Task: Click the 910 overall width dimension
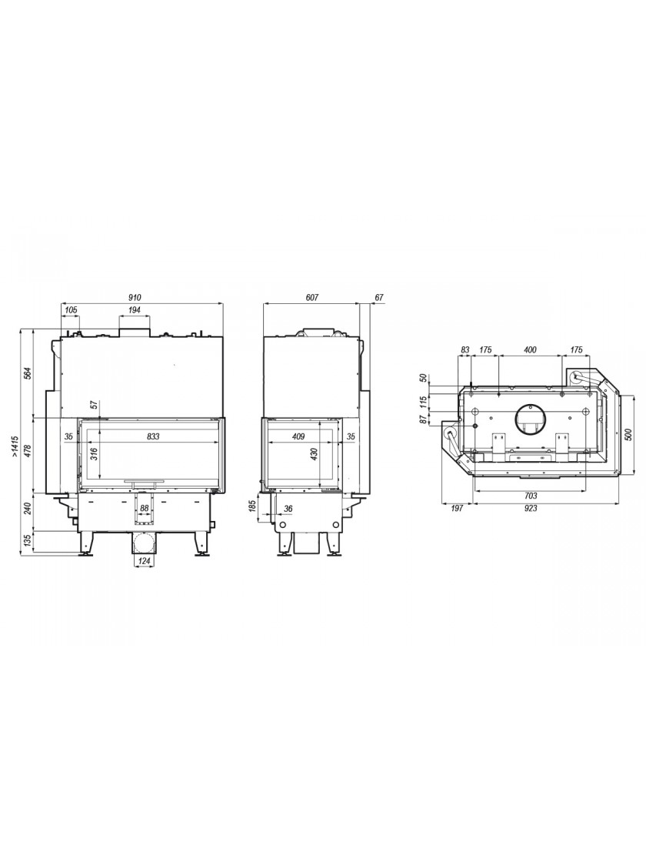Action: [x=135, y=297]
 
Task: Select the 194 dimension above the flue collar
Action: [x=135, y=310]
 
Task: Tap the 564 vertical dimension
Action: [x=28, y=373]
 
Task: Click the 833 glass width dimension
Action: [x=153, y=436]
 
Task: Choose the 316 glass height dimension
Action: [x=94, y=454]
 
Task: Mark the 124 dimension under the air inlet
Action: [x=144, y=561]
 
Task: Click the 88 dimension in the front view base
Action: [x=145, y=509]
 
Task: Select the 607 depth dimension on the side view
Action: [x=311, y=297]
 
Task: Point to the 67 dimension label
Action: [x=379, y=297]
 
